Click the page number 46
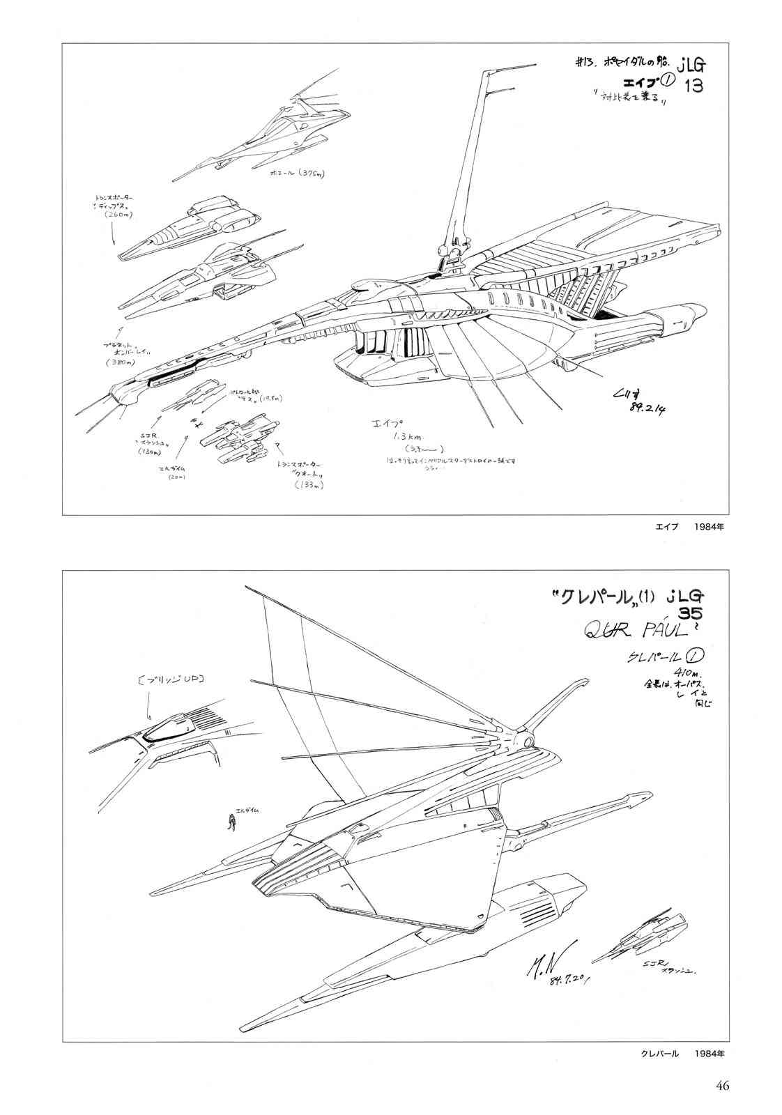[722, 1086]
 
